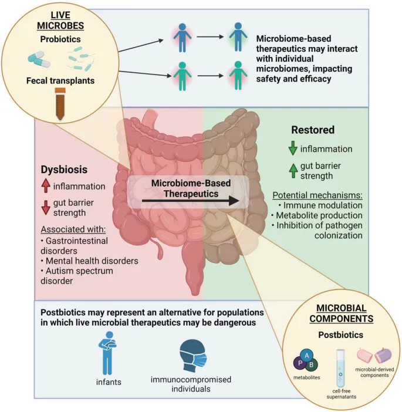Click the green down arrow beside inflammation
(x=293, y=148)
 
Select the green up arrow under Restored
(x=293, y=170)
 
